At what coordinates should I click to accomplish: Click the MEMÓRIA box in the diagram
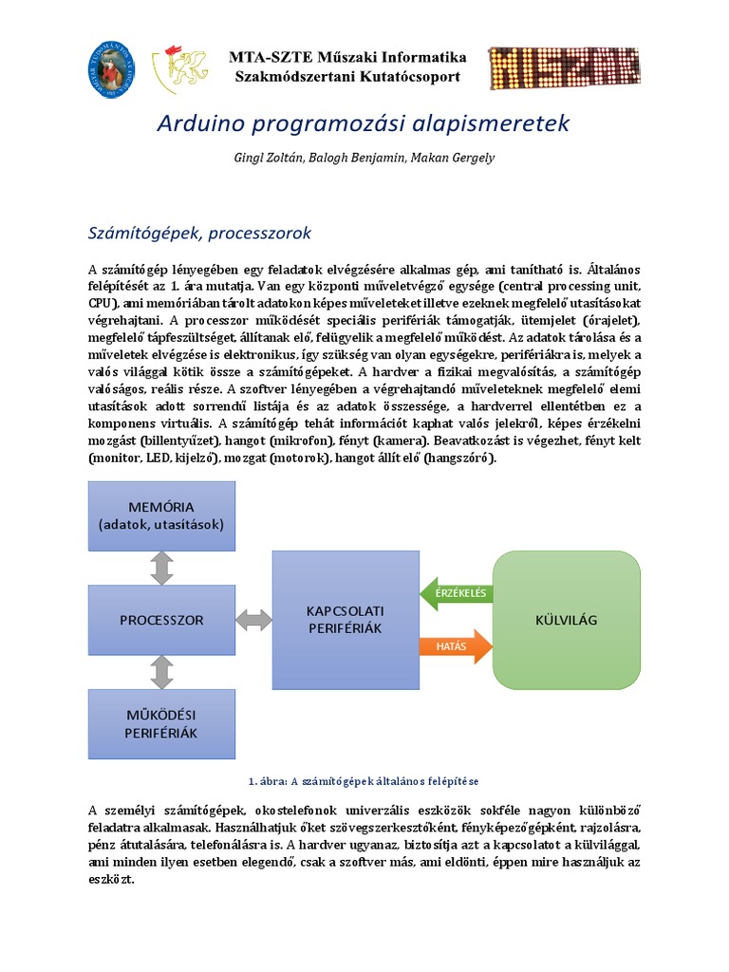161,515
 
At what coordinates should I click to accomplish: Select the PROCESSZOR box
161,620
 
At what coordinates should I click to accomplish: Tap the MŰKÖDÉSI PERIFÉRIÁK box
161,723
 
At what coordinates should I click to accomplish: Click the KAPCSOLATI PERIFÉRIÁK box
345,619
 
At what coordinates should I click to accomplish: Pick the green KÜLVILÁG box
567,620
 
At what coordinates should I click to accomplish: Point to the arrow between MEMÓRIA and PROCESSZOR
161,568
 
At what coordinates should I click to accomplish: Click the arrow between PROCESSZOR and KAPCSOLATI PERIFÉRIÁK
253,621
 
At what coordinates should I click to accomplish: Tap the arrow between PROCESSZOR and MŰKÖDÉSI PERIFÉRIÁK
161,672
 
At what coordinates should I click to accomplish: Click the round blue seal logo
112,67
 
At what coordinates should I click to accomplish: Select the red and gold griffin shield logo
187,67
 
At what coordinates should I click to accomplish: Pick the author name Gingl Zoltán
271,158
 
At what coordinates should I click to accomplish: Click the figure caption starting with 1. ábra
364,781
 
